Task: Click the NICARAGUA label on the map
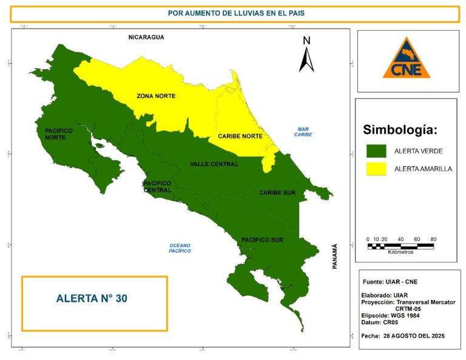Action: [146, 38]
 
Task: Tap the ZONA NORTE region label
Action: [156, 97]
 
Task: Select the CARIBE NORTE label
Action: [240, 137]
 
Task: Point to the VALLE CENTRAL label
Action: [214, 164]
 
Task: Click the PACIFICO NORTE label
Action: [59, 134]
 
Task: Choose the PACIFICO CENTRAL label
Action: [157, 186]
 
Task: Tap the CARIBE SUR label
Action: [277, 192]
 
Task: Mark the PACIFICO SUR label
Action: [262, 240]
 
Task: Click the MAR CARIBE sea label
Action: [303, 132]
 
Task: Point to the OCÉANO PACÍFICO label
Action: [180, 247]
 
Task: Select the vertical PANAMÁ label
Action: [334, 256]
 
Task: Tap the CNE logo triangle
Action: [406, 59]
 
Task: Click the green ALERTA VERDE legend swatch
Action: [376, 150]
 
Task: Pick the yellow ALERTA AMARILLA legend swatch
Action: [376, 168]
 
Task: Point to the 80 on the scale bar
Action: [433, 239]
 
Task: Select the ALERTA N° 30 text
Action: [92, 299]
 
